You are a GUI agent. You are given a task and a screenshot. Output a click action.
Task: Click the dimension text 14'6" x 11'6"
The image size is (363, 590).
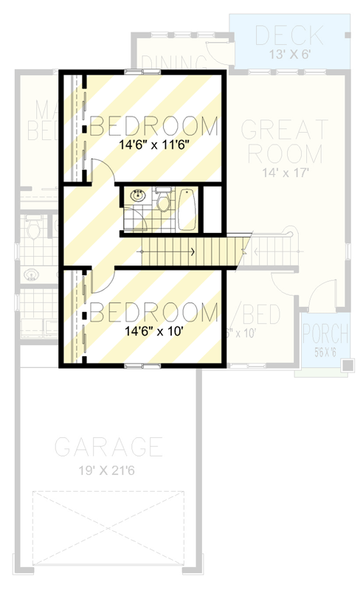coord(154,145)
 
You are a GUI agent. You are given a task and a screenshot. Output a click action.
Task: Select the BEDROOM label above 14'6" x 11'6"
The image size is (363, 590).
coord(154,124)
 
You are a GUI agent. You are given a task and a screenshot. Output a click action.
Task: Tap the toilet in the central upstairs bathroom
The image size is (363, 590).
coord(162,201)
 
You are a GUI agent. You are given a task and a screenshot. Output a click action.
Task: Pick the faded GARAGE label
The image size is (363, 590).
coord(108,447)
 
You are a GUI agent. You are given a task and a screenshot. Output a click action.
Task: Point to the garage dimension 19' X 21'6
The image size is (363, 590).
coord(108,470)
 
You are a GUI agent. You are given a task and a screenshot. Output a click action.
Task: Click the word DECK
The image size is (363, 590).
coord(288,34)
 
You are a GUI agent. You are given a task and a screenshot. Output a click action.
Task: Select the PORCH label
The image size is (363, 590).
coord(325,333)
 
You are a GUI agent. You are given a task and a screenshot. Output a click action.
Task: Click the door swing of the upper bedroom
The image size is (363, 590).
coord(102,172)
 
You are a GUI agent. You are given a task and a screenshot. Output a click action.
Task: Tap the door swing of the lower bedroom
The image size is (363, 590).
coord(102,280)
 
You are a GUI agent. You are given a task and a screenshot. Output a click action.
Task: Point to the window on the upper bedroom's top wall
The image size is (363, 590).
coord(142,72)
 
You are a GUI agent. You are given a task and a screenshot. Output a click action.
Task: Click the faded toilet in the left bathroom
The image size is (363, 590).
coord(33,230)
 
